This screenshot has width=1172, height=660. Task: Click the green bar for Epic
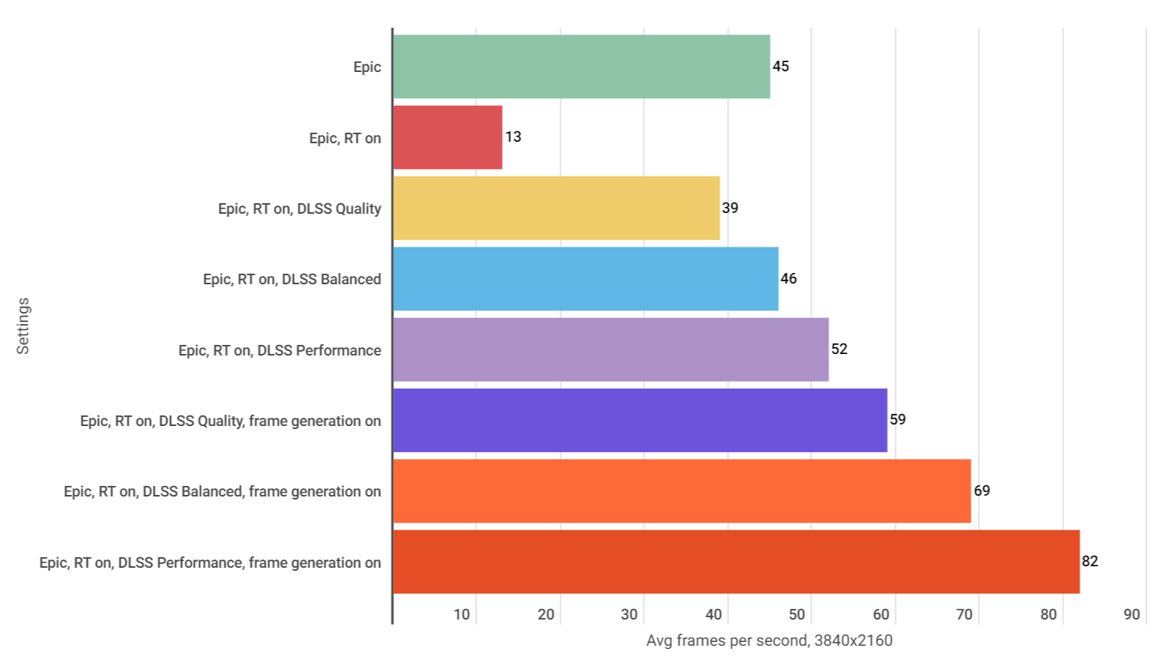pyautogui.click(x=582, y=66)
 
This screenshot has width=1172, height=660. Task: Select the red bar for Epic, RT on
pyautogui.click(x=447, y=137)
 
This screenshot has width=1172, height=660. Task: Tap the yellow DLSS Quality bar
pyautogui.click(x=556, y=208)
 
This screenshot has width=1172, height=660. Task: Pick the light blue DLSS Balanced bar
pyautogui.click(x=585, y=279)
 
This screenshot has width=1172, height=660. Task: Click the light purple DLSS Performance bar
pyautogui.click(x=611, y=349)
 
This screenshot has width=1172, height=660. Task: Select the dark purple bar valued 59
pyautogui.click(x=640, y=420)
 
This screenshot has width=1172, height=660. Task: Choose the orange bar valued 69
pyautogui.click(x=682, y=491)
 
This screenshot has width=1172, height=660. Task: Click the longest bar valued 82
pyautogui.click(x=736, y=562)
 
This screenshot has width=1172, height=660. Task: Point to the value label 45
pyautogui.click(x=781, y=66)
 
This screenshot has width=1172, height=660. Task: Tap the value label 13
pyautogui.click(x=513, y=136)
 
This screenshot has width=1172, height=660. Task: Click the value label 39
pyautogui.click(x=730, y=208)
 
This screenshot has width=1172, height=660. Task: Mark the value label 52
pyautogui.click(x=839, y=349)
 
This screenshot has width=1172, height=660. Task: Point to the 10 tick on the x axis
pyautogui.click(x=462, y=614)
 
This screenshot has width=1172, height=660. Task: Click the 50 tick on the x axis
pyautogui.click(x=797, y=614)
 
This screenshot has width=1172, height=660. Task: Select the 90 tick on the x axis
pyautogui.click(x=1132, y=614)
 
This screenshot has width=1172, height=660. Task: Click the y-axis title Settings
pyautogui.click(x=23, y=325)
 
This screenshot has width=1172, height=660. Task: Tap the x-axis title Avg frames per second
pyautogui.click(x=770, y=640)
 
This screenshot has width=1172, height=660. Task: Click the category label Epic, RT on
pyautogui.click(x=345, y=138)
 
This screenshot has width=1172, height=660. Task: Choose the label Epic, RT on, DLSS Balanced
pyautogui.click(x=292, y=279)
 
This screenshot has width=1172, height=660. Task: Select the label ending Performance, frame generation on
pyautogui.click(x=210, y=562)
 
